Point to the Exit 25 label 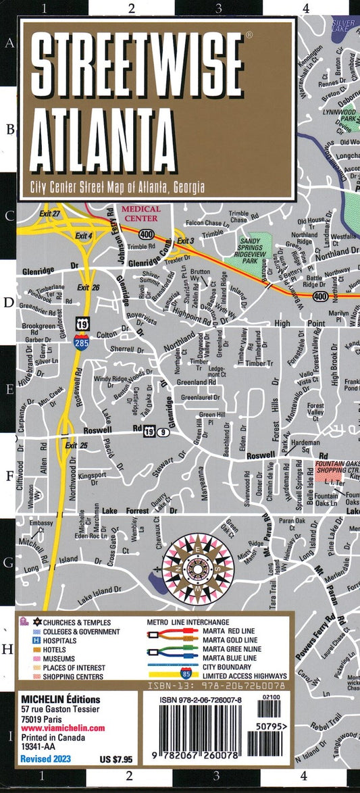point(76,446)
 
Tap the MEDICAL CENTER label point(140,213)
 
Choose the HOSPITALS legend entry point(80,640)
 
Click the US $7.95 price point(107,759)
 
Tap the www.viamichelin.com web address point(72,727)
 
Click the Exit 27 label point(51,214)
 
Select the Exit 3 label point(185,241)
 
